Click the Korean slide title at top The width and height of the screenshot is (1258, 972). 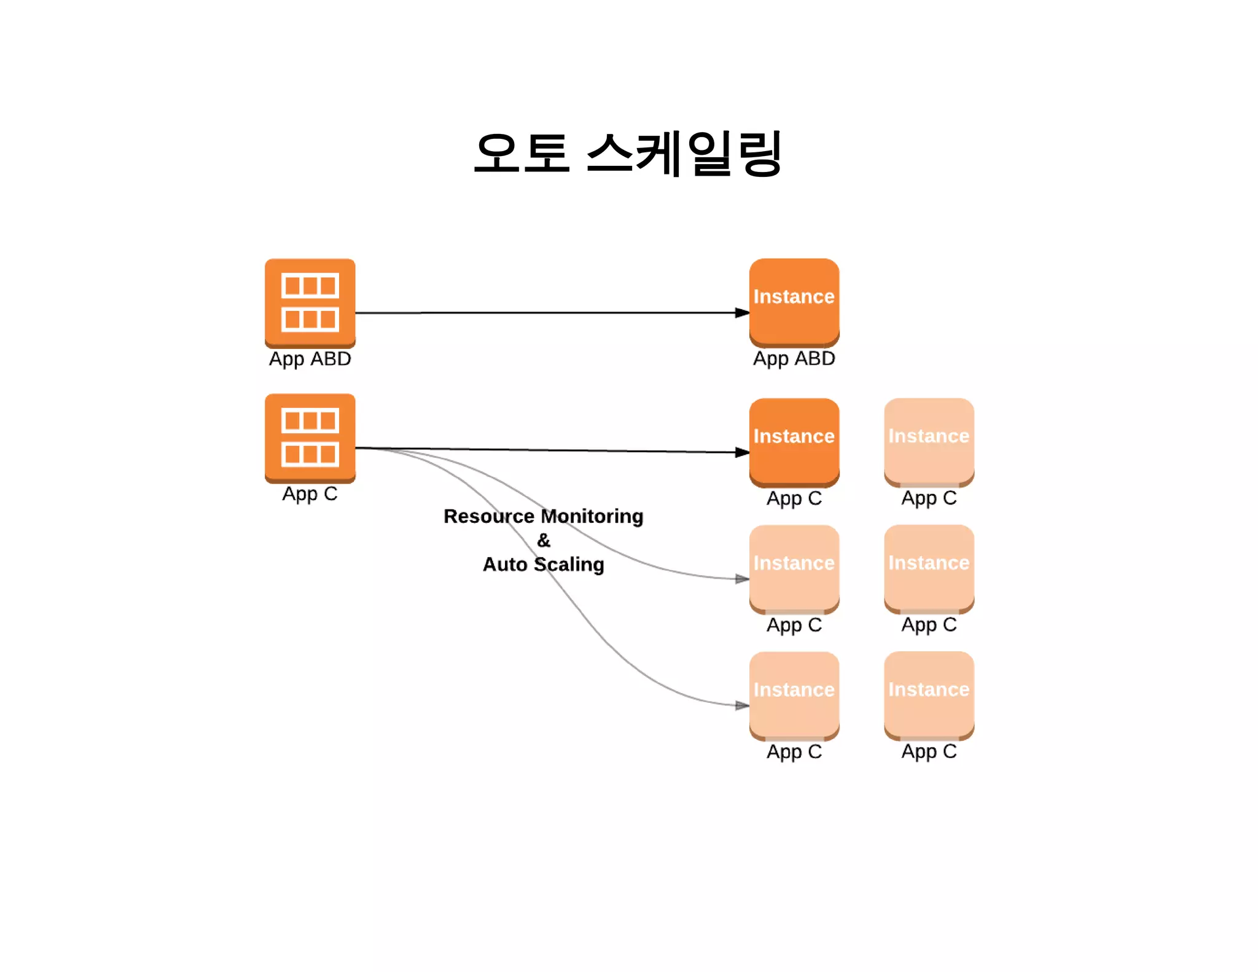[x=628, y=154]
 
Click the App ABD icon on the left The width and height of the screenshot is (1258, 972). [x=310, y=302]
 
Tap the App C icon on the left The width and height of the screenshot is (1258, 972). [x=310, y=437]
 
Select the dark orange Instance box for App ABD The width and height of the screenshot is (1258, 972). [x=794, y=301]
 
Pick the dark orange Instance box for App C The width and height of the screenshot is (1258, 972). [x=794, y=441]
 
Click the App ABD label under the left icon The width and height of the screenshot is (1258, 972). [x=310, y=358]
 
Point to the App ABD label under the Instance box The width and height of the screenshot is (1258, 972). [x=794, y=358]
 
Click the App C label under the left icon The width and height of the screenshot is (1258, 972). [x=310, y=493]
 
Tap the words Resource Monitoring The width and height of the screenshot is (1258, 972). [x=543, y=516]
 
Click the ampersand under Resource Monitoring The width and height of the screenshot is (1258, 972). [x=544, y=541]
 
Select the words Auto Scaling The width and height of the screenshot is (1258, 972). [x=543, y=564]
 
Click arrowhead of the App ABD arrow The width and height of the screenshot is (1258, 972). [x=742, y=313]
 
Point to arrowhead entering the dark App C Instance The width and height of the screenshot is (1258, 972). [x=742, y=452]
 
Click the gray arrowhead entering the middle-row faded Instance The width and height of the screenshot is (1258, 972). [x=742, y=579]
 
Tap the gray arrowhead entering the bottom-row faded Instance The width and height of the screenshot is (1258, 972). [x=742, y=705]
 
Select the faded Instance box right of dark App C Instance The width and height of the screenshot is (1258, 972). [x=929, y=441]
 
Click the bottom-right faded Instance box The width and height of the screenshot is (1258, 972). [x=929, y=694]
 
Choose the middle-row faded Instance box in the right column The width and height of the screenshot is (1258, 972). [x=929, y=568]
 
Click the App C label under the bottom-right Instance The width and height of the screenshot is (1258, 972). [x=929, y=751]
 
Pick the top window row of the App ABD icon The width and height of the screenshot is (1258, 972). [x=310, y=286]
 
